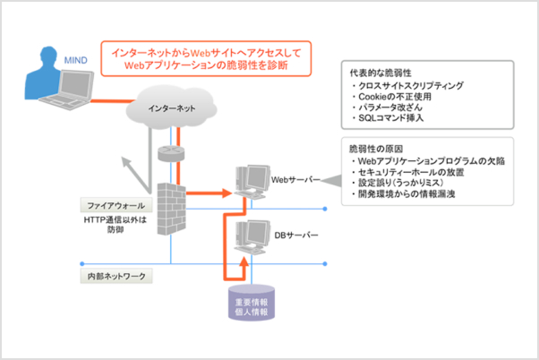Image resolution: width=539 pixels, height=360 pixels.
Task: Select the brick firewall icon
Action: (x=169, y=206)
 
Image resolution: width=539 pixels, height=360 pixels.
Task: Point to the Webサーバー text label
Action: (x=295, y=178)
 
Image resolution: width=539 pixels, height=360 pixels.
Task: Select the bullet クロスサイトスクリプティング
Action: (x=408, y=85)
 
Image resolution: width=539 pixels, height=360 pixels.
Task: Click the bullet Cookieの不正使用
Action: (x=395, y=96)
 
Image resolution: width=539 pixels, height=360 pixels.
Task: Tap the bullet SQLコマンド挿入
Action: (x=394, y=118)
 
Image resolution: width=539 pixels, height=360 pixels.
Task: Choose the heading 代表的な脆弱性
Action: (x=381, y=72)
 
